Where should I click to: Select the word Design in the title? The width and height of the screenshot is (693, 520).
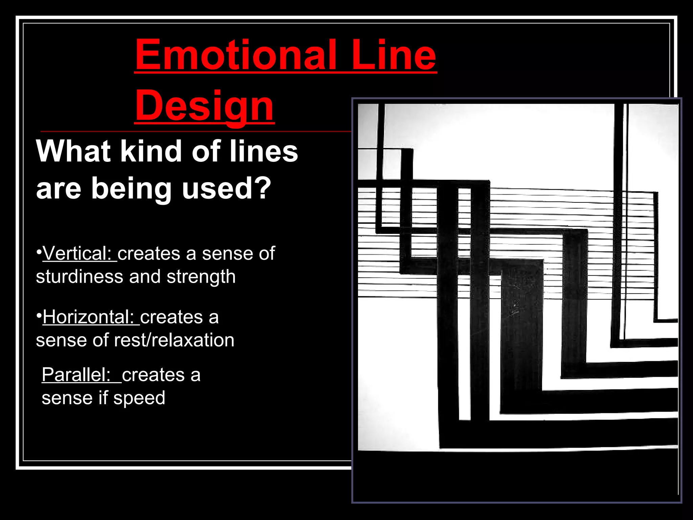click(x=204, y=106)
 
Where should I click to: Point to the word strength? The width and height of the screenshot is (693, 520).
click(x=201, y=277)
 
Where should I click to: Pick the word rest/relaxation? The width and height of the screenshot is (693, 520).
click(x=174, y=340)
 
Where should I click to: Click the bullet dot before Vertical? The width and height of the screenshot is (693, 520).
click(x=39, y=252)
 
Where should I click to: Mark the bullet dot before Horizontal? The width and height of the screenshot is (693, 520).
click(x=39, y=316)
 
